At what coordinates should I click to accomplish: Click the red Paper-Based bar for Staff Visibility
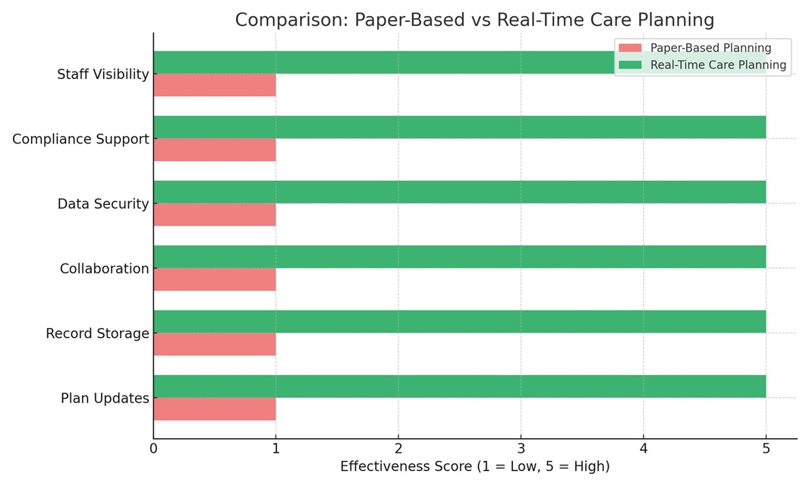coord(215,85)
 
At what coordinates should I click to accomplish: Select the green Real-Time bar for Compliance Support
coord(459,127)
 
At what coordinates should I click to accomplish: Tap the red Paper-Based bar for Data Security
coord(215,215)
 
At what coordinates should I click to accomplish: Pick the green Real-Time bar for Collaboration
coord(459,257)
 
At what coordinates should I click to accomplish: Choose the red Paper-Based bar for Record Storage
coord(215,344)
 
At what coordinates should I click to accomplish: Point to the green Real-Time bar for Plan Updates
coord(459,387)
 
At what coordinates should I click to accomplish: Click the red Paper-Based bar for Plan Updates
coord(215,409)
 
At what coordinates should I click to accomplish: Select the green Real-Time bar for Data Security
coord(459,192)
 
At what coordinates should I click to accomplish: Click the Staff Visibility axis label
coord(103,74)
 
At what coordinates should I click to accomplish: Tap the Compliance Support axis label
coord(80,139)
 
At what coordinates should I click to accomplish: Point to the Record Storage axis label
coord(97,333)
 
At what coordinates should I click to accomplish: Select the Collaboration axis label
coord(105,269)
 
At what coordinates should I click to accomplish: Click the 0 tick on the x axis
coord(153,449)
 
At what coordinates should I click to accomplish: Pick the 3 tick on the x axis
coord(521,449)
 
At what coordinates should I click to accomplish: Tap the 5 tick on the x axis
coord(766,449)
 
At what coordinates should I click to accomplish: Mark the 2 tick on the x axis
coord(398,449)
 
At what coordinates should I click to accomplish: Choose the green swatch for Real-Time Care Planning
coord(630,65)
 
